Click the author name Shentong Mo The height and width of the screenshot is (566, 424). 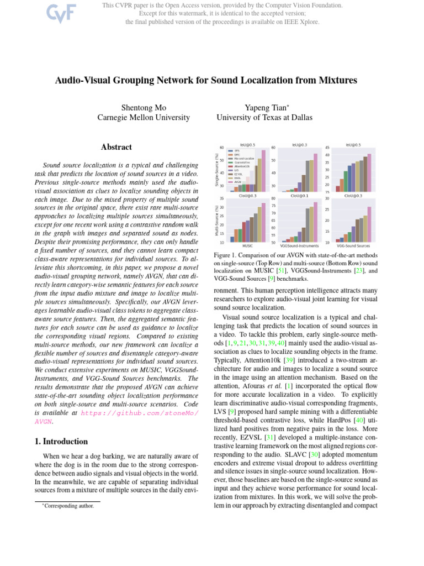click(144, 107)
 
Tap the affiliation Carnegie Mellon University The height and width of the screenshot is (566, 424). click(144, 118)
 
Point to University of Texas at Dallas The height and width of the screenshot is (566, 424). click(264, 118)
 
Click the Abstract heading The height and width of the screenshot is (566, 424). click(116, 148)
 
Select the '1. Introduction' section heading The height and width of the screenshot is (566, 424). click(57, 442)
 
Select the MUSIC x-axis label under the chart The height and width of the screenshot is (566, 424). click(248, 245)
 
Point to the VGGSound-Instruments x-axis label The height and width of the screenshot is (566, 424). click(300, 245)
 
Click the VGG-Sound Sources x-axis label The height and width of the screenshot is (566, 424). click(353, 245)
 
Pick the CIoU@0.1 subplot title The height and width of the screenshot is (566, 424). click(300, 195)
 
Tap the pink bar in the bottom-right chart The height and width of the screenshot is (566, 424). click(370, 224)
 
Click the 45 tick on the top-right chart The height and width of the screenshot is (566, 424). click(327, 148)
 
